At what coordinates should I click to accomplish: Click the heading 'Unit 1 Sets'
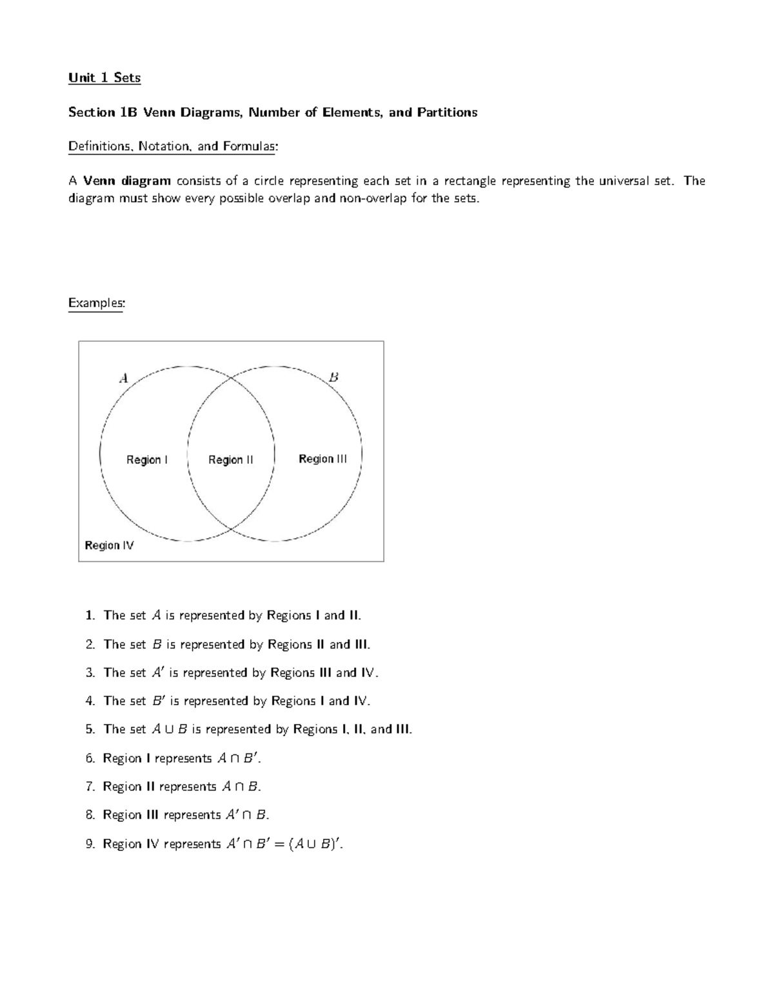coord(104,78)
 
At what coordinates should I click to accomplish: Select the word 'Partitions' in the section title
coord(447,112)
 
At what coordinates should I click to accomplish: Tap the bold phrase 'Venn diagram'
coord(127,181)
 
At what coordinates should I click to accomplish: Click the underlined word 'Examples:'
coord(96,303)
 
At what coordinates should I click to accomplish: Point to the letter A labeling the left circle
coord(123,378)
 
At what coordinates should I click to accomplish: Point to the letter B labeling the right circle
coord(333,377)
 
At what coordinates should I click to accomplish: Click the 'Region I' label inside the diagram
coord(147,459)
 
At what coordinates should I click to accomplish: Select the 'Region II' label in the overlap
coord(230,459)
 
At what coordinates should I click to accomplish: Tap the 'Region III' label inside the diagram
coord(322,459)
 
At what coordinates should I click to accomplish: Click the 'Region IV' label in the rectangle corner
coord(109,545)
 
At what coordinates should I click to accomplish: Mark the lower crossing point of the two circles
coord(231,529)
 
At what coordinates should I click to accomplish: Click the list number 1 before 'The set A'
coord(89,616)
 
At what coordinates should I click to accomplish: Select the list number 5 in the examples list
coord(89,729)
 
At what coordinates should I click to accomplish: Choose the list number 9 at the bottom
coord(89,843)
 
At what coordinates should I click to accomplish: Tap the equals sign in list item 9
coord(279,844)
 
